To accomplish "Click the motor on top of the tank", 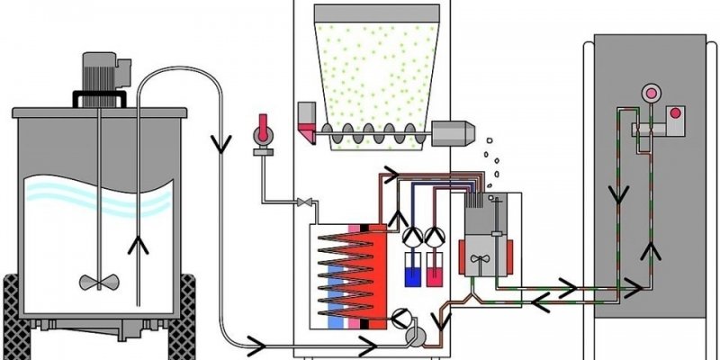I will point(99,71).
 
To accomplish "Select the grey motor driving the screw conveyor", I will point(454,134).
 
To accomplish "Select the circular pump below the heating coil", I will point(400,317).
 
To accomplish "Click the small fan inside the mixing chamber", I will point(480,257).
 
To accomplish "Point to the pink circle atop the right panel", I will point(647,94).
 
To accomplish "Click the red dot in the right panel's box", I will point(672,115).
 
